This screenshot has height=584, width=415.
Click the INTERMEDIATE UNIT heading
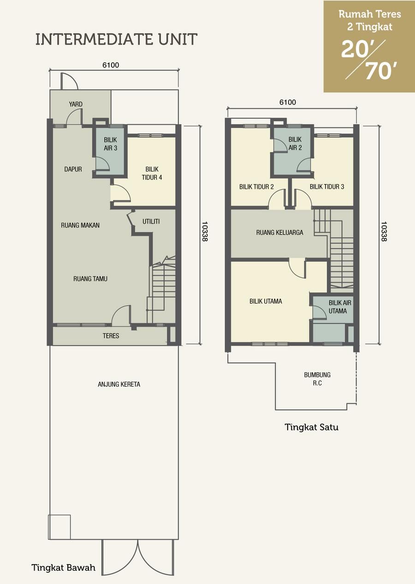tap(116, 39)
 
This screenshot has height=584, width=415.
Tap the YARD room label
tap(76, 104)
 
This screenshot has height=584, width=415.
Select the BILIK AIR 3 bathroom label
tap(111, 144)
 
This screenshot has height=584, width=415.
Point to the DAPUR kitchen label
tap(73, 169)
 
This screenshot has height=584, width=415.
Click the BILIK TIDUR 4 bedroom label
tap(152, 173)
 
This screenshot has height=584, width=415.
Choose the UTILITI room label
tap(151, 221)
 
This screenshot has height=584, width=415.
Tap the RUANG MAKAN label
tap(80, 225)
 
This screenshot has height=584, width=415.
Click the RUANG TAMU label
tap(90, 279)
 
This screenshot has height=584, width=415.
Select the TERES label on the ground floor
tap(111, 336)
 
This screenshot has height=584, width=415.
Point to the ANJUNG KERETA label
tap(119, 384)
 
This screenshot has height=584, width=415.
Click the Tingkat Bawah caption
tap(64, 567)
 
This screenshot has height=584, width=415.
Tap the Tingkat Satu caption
tap(312, 427)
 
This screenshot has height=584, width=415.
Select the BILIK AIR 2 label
tap(295, 143)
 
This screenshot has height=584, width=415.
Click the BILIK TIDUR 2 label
tap(256, 187)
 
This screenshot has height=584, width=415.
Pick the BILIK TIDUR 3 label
tap(327, 187)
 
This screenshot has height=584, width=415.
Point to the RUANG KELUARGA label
tap(280, 232)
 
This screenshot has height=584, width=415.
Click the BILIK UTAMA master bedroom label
tap(266, 301)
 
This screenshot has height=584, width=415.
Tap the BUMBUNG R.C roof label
tap(317, 379)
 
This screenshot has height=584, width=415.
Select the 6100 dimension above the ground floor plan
tap(111, 65)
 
